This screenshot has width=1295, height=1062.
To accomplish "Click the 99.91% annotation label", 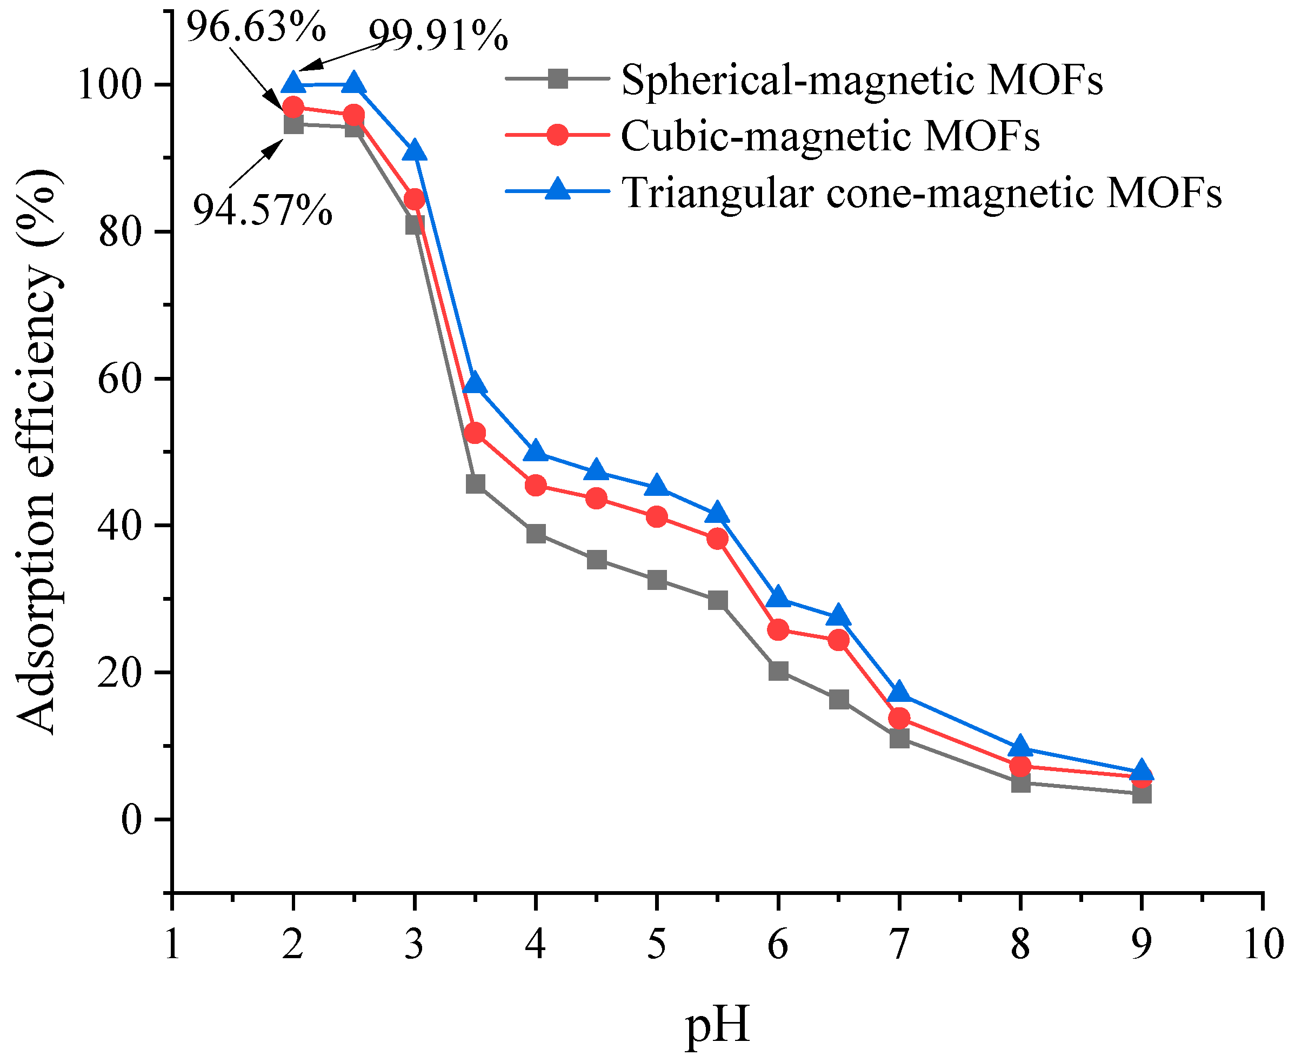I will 438,36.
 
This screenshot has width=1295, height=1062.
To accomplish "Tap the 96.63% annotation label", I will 256,28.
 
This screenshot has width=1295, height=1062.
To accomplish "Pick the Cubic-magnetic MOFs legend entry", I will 830,136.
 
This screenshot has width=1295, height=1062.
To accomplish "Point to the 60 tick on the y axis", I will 117,379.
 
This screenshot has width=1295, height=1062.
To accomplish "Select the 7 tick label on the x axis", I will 899,945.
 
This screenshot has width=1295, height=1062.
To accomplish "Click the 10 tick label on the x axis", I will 1263,945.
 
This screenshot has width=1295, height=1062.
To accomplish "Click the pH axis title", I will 717,1026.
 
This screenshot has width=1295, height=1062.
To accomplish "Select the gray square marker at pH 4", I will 536,534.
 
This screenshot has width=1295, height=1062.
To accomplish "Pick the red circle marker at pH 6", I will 778,629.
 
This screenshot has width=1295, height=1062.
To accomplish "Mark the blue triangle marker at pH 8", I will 1020,747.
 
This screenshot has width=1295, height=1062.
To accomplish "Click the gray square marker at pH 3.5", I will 475,484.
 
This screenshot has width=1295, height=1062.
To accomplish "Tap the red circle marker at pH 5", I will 657,517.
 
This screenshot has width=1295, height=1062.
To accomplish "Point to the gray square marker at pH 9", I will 1142,795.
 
